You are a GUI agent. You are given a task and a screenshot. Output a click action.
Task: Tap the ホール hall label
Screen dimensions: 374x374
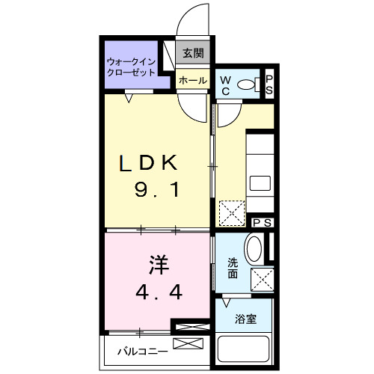(192, 80)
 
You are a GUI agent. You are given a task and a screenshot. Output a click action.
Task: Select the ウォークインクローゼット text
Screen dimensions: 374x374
(131, 67)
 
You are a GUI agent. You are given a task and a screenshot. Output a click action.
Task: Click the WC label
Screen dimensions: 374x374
(225, 85)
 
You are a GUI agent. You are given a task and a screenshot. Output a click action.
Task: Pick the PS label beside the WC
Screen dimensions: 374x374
(270, 83)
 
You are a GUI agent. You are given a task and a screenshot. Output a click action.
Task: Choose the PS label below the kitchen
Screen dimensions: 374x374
(262, 222)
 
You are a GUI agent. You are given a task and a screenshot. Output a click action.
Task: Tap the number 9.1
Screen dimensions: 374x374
(156, 191)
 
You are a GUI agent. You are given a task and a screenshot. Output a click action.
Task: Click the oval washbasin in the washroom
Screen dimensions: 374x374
(254, 248)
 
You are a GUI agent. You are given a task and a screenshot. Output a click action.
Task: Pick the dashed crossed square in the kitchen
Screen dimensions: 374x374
(231, 213)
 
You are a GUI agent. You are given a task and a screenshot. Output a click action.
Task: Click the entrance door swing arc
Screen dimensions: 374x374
(196, 18)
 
